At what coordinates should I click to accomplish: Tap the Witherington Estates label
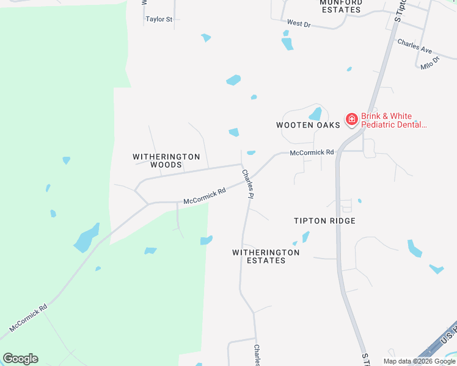(x=266, y=256)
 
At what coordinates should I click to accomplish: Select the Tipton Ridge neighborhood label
(x=324, y=221)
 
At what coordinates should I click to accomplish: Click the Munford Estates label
(x=341, y=6)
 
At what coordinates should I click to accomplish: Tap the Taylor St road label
(x=159, y=20)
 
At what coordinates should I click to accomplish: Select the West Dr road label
(x=299, y=23)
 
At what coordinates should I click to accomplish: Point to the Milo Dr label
(x=430, y=63)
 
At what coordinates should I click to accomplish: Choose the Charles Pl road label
(x=247, y=184)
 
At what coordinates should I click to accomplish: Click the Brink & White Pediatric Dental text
(x=394, y=120)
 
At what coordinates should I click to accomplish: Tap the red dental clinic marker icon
(x=351, y=120)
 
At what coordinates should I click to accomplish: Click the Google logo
(x=20, y=359)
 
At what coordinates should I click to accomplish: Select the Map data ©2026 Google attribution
(x=419, y=361)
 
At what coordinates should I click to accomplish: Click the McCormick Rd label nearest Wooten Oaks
(x=312, y=152)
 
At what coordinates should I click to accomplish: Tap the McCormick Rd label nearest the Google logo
(x=28, y=318)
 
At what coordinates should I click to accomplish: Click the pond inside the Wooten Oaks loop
(x=315, y=114)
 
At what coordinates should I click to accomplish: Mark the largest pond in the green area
(x=86, y=239)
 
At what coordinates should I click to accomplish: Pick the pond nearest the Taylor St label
(x=206, y=38)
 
